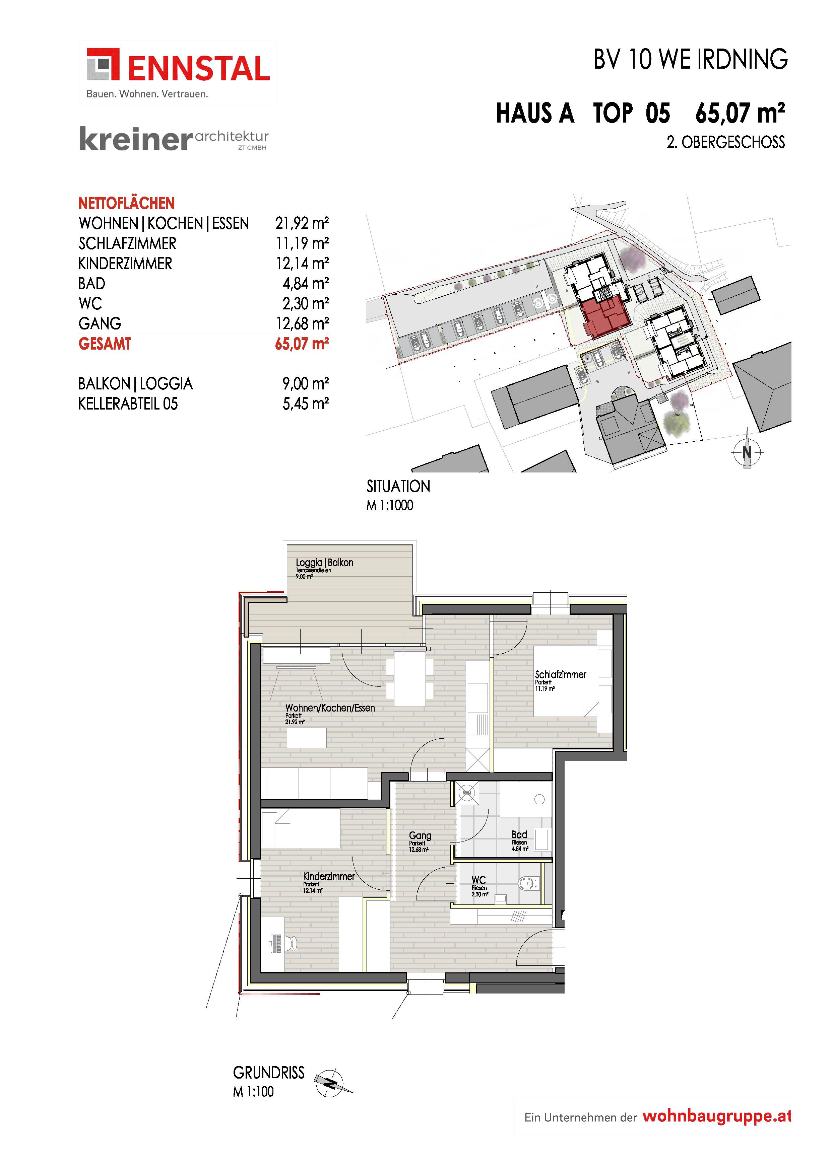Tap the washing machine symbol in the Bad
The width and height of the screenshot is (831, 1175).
click(466, 793)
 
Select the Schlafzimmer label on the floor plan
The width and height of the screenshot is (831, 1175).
click(560, 674)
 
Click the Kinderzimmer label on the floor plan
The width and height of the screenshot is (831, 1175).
click(329, 876)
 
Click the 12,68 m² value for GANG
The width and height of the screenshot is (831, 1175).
click(302, 323)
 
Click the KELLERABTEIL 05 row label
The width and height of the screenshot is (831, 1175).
click(128, 404)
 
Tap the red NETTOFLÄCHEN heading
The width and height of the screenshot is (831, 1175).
click(126, 203)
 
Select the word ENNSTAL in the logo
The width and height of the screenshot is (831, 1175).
click(198, 69)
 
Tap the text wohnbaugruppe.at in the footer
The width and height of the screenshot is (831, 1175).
click(717, 1116)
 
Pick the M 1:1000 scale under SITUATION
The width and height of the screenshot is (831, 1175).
click(390, 505)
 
